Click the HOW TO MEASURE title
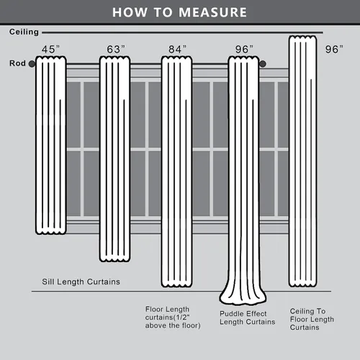coord(179,12)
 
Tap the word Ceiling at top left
coord(24,32)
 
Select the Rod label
coord(17,63)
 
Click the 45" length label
coord(50,50)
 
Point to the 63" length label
coord(116,50)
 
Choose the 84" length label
coord(177,50)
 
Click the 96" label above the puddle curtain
coord(244,50)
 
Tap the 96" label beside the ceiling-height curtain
coord(334,50)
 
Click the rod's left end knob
coord(32,64)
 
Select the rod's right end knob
coord(263,64)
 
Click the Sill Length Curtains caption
coord(81,282)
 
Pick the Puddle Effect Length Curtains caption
coord(247,318)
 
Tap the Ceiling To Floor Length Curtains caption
coord(312,319)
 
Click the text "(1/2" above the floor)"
coord(173,322)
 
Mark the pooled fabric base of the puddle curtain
coord(243,297)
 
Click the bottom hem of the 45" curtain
coord(51,232)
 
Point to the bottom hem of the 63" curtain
coord(115,259)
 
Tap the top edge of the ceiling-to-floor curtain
coord(303,37)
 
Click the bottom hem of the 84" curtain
coord(177,284)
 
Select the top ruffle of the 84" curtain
coord(177,58)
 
